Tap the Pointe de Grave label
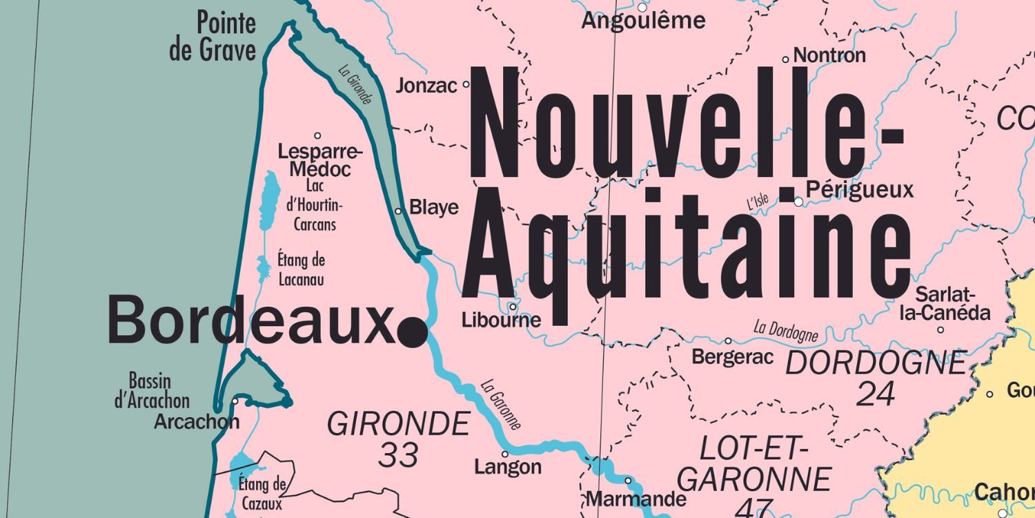(x=213, y=37)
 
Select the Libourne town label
(x=501, y=320)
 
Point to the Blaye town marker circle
(x=398, y=211)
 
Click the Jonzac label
(x=426, y=86)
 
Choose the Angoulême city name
(x=643, y=21)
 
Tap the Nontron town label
(x=829, y=55)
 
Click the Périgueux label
(x=859, y=189)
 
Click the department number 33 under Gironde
(x=398, y=455)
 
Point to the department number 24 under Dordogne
(x=876, y=394)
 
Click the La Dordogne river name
(x=785, y=331)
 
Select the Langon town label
(x=508, y=468)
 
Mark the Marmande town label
(x=635, y=499)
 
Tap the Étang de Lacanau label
(x=302, y=270)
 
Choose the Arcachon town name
(x=197, y=421)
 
